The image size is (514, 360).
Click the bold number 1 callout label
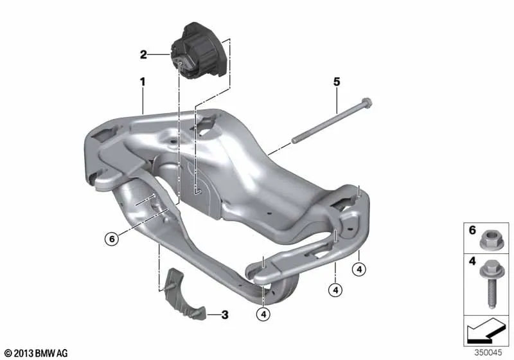point(142,82)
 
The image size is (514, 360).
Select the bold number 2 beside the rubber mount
point(143,55)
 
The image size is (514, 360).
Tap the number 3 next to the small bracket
point(225,315)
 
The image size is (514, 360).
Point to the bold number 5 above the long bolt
point(337,82)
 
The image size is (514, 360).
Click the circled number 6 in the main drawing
point(112,239)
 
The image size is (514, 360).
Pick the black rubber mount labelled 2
point(198,51)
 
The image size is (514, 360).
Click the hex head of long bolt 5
point(366,103)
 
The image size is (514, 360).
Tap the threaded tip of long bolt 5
point(294,140)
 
